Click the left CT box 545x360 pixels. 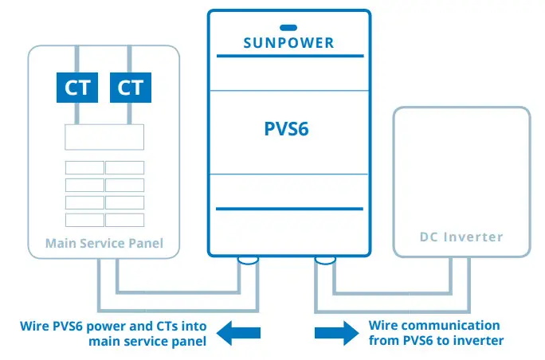77,87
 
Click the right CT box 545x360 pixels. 130,87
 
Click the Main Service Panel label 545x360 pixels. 104,243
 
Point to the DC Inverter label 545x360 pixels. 461,237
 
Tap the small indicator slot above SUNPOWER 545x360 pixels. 288,27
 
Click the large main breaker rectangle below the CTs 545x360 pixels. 104,137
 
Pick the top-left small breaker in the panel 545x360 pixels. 84,168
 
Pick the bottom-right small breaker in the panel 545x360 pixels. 124,220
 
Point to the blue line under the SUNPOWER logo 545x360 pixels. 289,55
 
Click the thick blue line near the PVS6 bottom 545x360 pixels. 289,209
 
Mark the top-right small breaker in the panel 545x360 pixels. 124,168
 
